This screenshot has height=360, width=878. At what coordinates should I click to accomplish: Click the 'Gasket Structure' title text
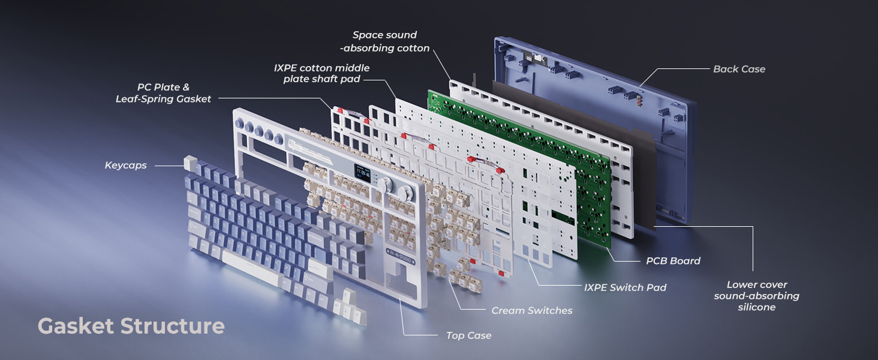click(x=131, y=326)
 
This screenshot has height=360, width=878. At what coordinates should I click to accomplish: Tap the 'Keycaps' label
click(x=126, y=166)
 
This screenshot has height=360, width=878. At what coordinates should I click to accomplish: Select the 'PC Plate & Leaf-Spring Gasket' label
click(x=163, y=93)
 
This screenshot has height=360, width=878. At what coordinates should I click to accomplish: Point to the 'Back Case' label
click(x=739, y=69)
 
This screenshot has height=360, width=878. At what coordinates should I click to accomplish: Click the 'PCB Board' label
click(x=673, y=261)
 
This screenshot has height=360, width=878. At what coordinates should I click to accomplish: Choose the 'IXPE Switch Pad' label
click(x=625, y=287)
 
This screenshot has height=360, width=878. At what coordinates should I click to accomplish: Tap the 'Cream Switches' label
click(x=532, y=311)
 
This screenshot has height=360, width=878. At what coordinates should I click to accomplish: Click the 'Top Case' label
click(x=469, y=335)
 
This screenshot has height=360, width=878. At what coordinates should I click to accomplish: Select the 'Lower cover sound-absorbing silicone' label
click(x=756, y=296)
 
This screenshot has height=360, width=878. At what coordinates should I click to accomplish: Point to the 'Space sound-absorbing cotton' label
click(x=384, y=41)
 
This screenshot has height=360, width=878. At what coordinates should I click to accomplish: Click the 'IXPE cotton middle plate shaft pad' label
click(x=321, y=73)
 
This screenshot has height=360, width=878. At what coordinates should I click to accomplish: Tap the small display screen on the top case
click(x=363, y=173)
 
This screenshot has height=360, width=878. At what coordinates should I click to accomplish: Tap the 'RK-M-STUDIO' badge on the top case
click(x=401, y=257)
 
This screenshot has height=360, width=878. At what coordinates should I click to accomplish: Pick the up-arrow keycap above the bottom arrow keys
click(x=347, y=296)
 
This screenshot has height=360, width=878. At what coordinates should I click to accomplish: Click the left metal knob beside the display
click(x=386, y=185)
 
